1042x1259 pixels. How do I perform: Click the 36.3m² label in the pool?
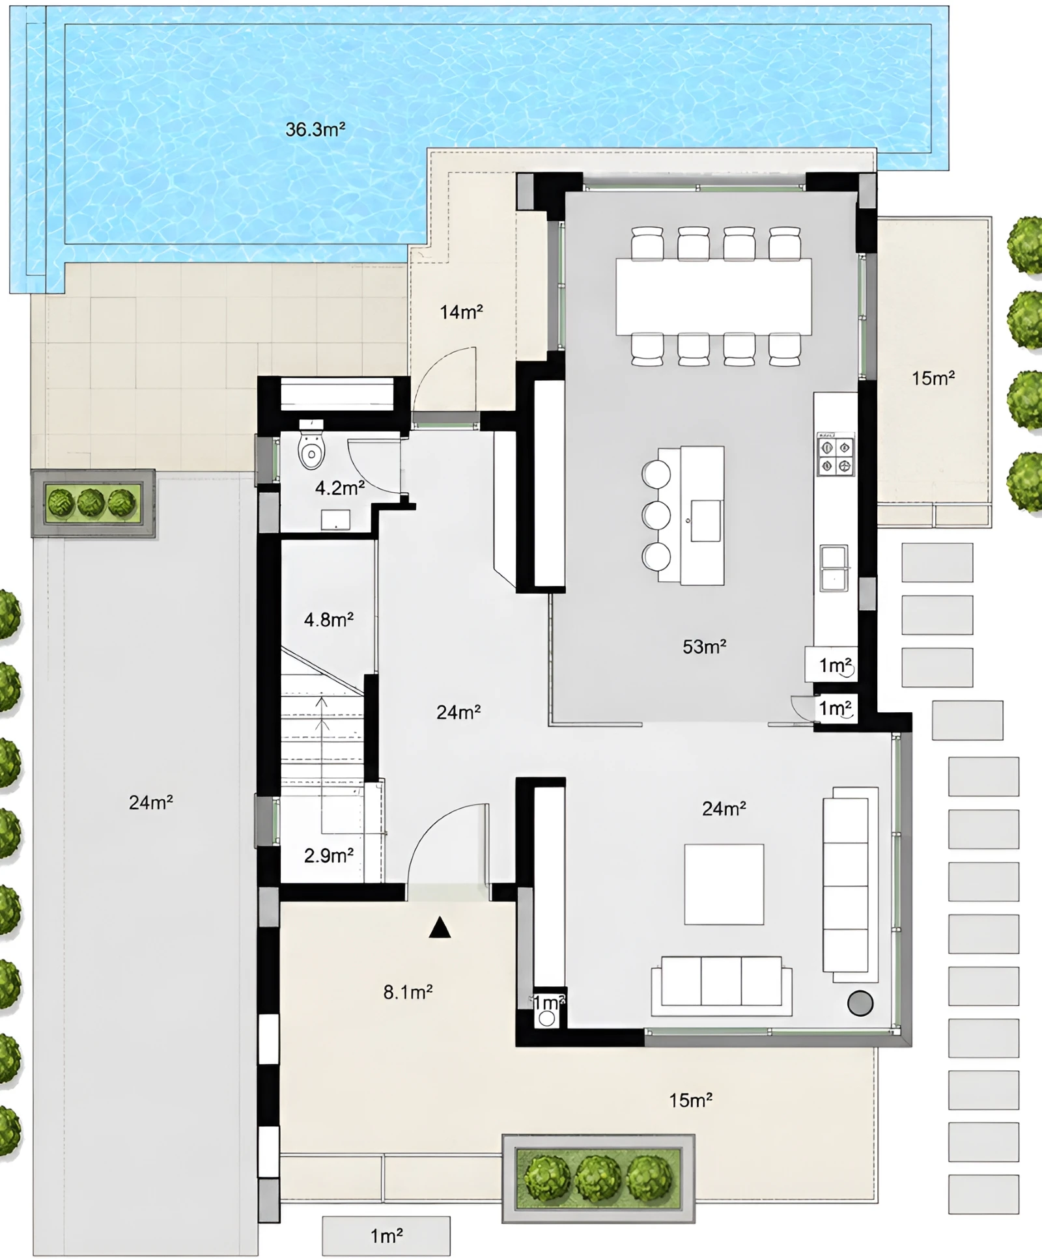point(315,130)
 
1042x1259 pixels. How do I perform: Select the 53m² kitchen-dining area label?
point(704,646)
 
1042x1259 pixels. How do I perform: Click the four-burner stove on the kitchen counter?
point(836,455)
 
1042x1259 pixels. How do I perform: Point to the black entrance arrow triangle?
point(440,927)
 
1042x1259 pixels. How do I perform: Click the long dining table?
point(714,297)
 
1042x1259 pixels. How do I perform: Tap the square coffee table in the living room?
point(724,884)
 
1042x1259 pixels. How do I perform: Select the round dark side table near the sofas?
point(860,1003)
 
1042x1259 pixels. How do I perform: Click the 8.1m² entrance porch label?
point(408,992)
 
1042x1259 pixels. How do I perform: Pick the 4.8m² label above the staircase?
point(329,619)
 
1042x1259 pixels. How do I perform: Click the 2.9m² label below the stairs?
point(329,855)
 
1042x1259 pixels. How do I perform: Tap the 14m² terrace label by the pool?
point(461,312)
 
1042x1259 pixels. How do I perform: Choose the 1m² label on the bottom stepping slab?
point(387,1236)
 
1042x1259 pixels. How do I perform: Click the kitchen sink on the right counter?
point(834,568)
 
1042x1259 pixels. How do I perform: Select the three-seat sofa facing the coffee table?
point(722,985)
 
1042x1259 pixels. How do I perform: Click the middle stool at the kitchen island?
point(656,515)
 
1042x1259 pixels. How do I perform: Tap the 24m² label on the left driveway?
point(150,803)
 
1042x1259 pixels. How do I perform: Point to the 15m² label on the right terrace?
point(933,378)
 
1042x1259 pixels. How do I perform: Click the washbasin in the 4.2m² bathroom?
point(335,519)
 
